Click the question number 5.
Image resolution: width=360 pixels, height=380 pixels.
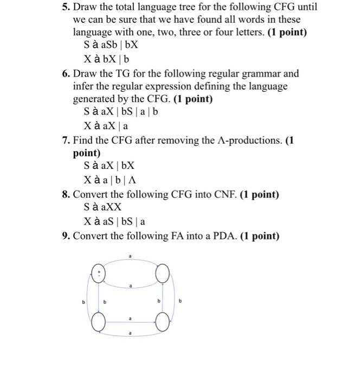[65, 8]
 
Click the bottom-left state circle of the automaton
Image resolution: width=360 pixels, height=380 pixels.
[98, 325]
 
